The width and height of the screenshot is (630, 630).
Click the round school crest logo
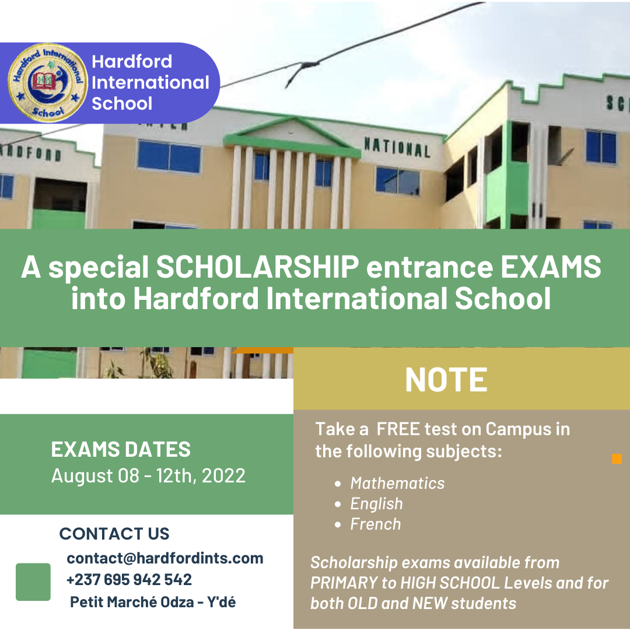48,83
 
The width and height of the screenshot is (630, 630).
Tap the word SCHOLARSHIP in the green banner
257,267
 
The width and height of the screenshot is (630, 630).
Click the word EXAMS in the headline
551,267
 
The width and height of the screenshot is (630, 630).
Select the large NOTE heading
446,380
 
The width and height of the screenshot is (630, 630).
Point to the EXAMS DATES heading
121,449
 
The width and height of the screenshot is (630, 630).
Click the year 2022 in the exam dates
223,476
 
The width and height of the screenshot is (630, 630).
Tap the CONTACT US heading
114,534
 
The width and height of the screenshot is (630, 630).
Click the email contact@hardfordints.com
164,558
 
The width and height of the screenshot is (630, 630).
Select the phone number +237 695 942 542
129,580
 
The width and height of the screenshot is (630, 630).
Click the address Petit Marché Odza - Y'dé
153,602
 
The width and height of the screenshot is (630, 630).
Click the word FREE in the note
398,429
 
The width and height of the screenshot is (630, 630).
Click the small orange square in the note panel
617,459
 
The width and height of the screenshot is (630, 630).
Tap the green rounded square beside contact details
33,582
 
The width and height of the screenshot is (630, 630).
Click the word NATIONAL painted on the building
397,148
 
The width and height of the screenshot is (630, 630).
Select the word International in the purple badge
150,82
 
